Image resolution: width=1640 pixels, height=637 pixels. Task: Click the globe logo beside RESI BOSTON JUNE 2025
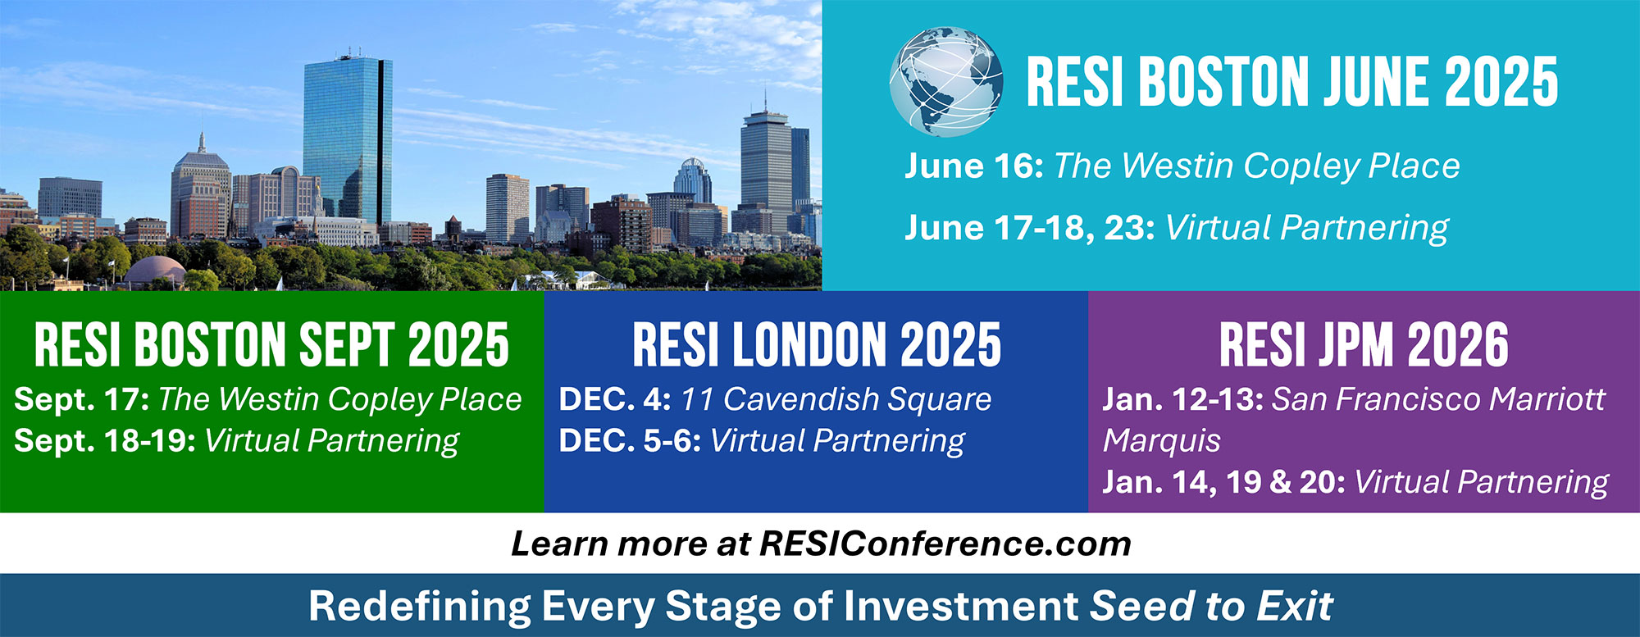(946, 81)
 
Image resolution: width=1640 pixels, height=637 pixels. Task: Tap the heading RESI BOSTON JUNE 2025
(1292, 82)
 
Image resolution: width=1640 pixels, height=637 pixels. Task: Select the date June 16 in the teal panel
(974, 166)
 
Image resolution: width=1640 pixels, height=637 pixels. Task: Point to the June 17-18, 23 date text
(1030, 228)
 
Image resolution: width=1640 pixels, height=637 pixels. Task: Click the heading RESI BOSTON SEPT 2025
(271, 344)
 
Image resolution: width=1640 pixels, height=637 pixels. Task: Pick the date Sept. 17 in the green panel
(82, 399)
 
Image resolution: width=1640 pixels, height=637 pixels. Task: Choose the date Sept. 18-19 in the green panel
(105, 441)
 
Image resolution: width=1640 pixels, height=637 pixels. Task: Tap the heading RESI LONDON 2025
(817, 344)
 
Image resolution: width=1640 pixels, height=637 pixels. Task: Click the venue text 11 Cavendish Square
(836, 399)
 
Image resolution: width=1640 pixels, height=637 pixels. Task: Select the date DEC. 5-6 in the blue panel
(630, 441)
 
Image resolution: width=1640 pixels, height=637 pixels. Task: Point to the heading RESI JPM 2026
(1364, 344)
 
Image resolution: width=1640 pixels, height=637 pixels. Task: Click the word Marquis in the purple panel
(1162, 441)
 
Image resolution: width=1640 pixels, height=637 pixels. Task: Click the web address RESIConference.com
(945, 544)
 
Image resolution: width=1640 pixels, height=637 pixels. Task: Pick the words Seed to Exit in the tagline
(1211, 607)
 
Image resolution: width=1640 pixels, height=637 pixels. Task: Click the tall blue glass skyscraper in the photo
(346, 139)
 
